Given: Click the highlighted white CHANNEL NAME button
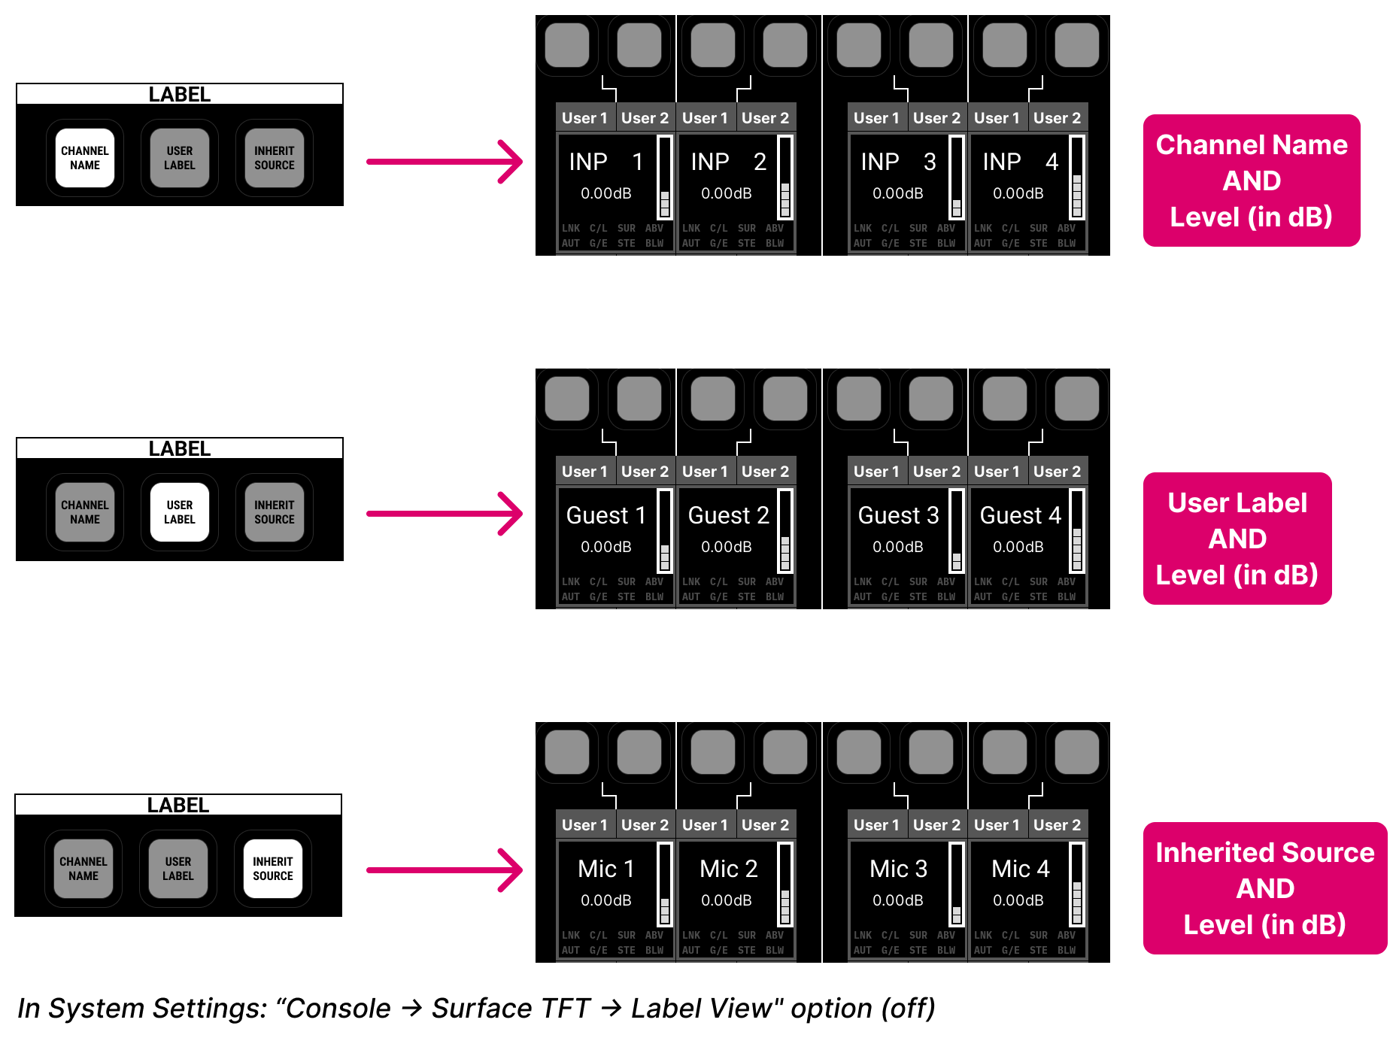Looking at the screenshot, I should coord(85,158).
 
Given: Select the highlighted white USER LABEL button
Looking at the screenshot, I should coord(180,512).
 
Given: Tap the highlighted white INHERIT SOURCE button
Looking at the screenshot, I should coord(273,869).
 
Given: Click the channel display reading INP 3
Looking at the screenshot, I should coord(898,162).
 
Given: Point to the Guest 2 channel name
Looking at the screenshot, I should coord(728,515).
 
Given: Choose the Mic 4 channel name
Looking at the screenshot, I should coord(1020,869).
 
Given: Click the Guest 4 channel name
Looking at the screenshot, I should coord(1020,515).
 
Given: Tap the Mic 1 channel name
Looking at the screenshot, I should coord(606,869).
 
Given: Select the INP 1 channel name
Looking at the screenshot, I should coord(606,162).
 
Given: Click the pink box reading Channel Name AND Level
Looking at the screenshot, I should coord(1252,181).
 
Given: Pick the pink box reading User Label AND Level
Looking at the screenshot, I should coord(1237,539).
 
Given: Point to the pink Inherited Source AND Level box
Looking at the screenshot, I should coord(1265,888).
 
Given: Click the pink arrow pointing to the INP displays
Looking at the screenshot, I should coord(444,162).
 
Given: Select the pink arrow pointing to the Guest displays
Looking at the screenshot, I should coord(444,514).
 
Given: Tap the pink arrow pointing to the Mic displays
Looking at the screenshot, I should coord(444,870).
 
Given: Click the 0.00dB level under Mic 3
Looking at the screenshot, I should coord(898,900).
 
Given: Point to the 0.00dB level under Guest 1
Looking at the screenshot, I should coord(606,547).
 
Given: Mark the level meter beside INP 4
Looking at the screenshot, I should coord(1077,178).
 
